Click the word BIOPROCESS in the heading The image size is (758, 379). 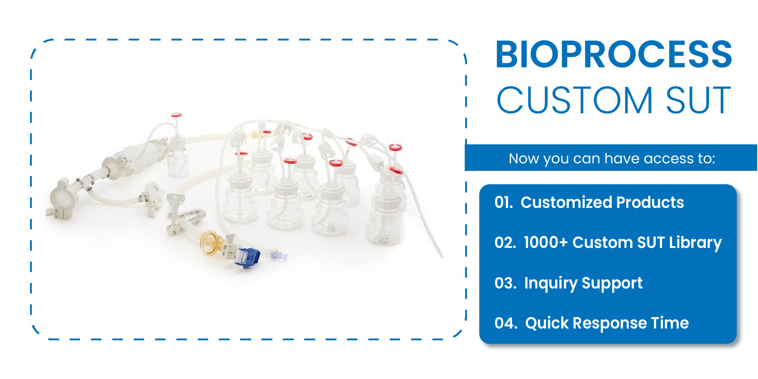(x=613, y=55)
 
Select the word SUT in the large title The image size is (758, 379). (x=698, y=101)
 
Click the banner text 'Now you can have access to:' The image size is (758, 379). (x=611, y=158)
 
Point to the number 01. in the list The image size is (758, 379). (x=503, y=202)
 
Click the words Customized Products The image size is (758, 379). (x=602, y=202)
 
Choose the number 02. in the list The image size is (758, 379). (x=505, y=243)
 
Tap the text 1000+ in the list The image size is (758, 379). (x=545, y=243)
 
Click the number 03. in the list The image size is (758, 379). (x=505, y=283)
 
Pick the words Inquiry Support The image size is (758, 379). (x=583, y=283)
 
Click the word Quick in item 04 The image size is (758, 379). (x=547, y=323)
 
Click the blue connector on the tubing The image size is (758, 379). (x=247, y=258)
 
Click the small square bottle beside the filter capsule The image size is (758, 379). (x=178, y=162)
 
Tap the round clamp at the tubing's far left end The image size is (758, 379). (x=60, y=198)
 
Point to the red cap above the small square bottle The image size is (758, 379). (x=176, y=115)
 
